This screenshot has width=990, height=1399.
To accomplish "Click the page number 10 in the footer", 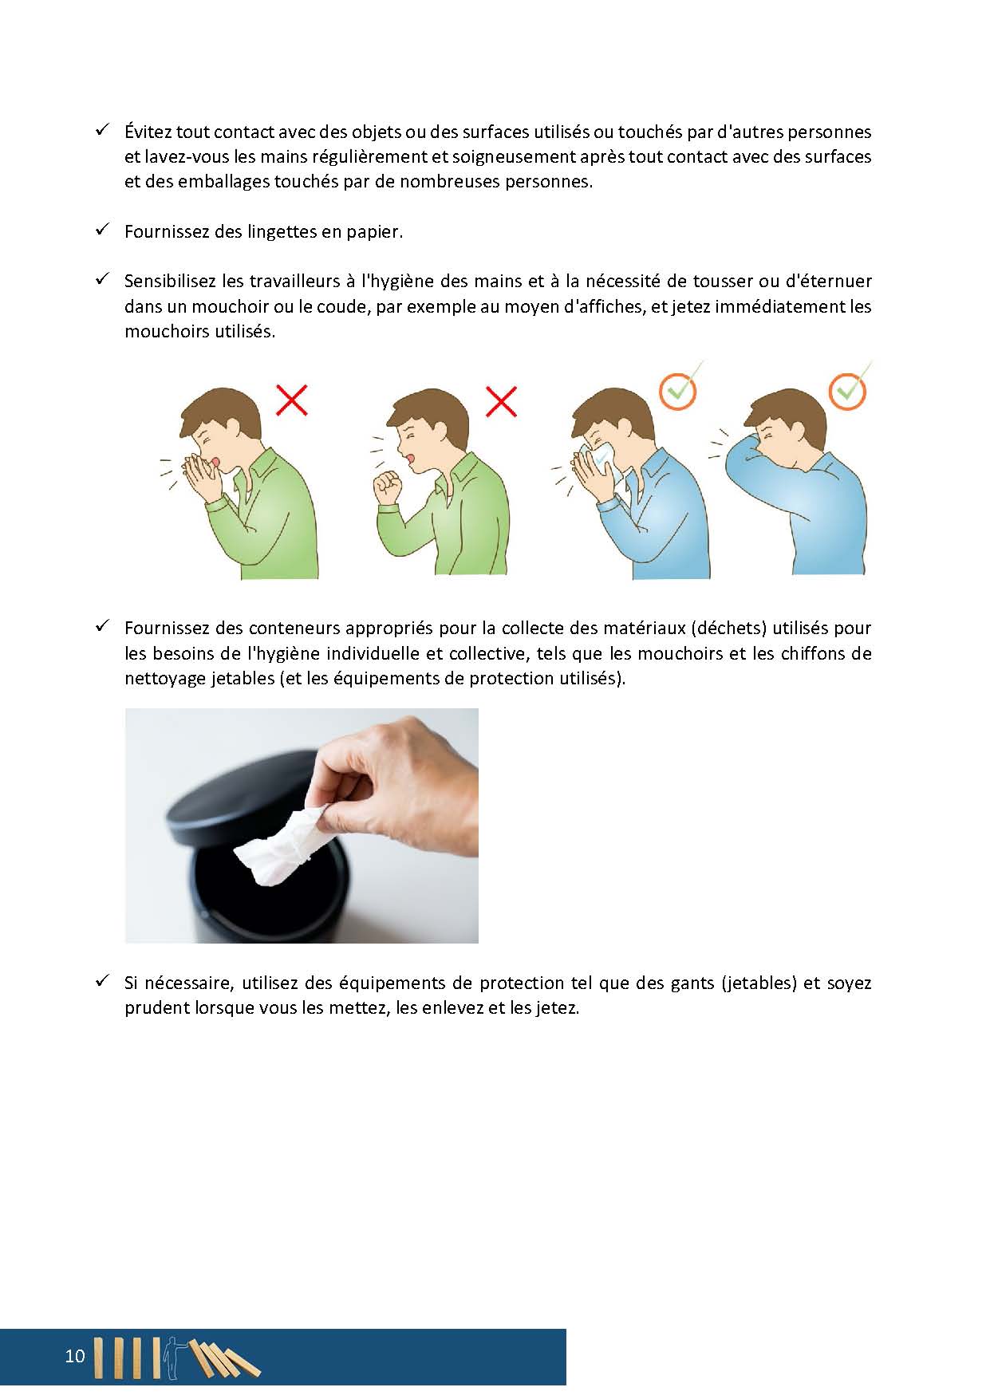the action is [x=74, y=1356].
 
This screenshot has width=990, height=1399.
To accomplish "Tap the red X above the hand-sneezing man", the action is [x=292, y=400].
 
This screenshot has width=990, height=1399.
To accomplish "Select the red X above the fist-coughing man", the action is [x=501, y=401].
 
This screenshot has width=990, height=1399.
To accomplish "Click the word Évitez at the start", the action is [x=148, y=132].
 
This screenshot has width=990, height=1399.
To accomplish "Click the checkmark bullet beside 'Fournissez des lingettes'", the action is [x=102, y=230].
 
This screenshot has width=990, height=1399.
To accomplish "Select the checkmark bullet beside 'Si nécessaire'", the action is [x=102, y=981].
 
